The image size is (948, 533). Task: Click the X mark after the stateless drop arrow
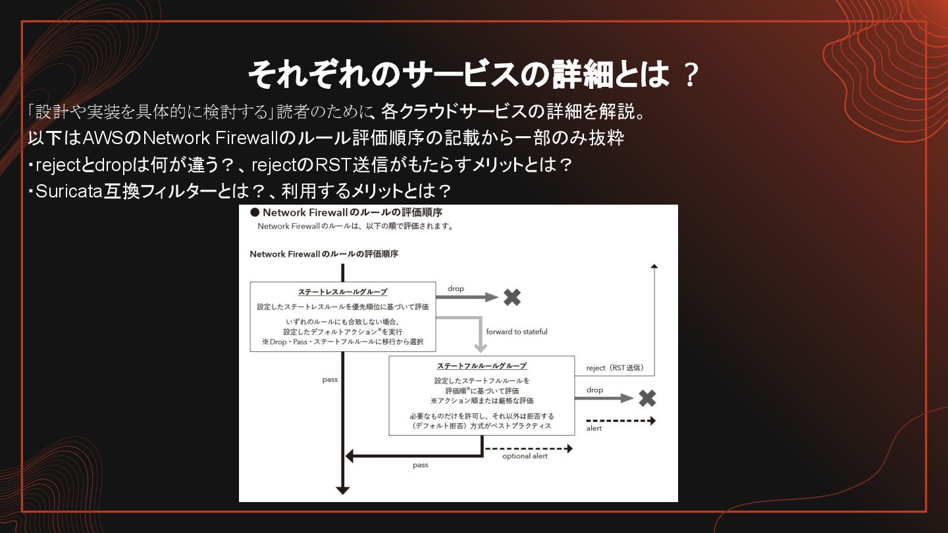(x=512, y=297)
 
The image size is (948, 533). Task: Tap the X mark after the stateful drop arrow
(x=646, y=398)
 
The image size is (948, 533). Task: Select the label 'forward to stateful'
(x=516, y=332)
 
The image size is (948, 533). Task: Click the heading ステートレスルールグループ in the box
(x=342, y=292)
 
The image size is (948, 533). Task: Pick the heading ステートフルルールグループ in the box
(x=481, y=366)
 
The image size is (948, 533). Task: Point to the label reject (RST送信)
(x=615, y=368)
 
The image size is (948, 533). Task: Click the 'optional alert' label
(x=525, y=456)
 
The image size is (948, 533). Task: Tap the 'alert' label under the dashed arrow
(x=594, y=428)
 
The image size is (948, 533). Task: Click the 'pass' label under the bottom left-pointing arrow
(x=420, y=465)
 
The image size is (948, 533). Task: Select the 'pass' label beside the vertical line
(x=330, y=380)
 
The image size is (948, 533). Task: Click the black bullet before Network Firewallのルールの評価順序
(x=254, y=213)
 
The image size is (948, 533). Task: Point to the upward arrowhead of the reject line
(x=654, y=265)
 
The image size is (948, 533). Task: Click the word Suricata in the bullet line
(x=68, y=191)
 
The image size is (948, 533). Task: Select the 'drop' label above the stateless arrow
(x=456, y=289)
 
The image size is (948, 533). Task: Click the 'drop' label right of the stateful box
(x=594, y=390)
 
